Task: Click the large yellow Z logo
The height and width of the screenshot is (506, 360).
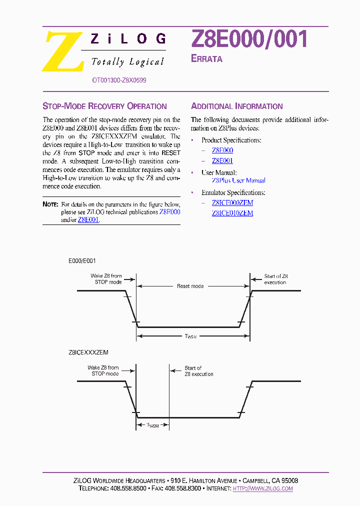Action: pyautogui.click(x=62, y=52)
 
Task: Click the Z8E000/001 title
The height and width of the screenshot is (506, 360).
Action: pyautogui.click(x=249, y=39)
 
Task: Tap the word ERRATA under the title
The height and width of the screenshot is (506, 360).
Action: pyautogui.click(x=206, y=59)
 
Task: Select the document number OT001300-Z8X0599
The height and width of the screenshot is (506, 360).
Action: pyautogui.click(x=119, y=80)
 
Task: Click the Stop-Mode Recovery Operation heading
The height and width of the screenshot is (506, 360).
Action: pyautogui.click(x=104, y=106)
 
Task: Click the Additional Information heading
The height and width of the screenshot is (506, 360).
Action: pyautogui.click(x=237, y=106)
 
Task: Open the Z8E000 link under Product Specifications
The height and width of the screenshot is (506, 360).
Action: pyautogui.click(x=222, y=150)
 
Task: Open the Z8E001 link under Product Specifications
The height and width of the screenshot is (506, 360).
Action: pyautogui.click(x=222, y=160)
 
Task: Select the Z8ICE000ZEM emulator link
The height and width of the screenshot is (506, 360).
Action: pyautogui.click(x=232, y=202)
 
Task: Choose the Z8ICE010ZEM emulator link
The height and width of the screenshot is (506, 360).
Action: pyautogui.click(x=232, y=213)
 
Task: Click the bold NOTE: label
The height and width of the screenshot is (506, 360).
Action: pyautogui.click(x=50, y=204)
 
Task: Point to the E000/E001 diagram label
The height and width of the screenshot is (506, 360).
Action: pyautogui.click(x=82, y=261)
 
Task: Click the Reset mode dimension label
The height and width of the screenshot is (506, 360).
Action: pyautogui.click(x=190, y=286)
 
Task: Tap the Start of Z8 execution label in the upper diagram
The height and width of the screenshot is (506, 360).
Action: pyautogui.click(x=275, y=279)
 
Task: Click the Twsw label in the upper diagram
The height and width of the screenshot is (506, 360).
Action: pyautogui.click(x=190, y=336)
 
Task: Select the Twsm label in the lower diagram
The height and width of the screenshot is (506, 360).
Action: pyautogui.click(x=152, y=425)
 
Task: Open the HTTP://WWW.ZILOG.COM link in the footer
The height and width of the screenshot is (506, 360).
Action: pyautogui.click(x=263, y=488)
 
